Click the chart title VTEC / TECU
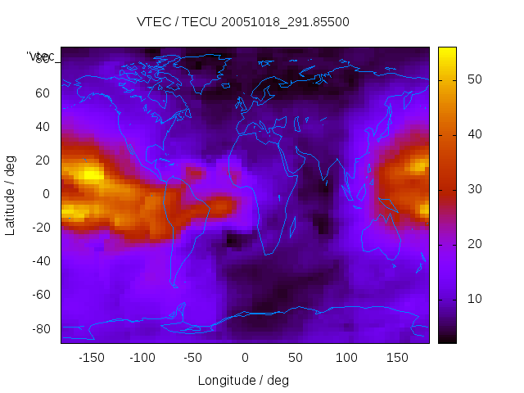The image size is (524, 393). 242,22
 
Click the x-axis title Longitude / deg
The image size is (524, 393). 243,380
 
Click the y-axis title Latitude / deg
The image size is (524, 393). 11,194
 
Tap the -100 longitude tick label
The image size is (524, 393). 142,358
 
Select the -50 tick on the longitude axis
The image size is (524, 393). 193,358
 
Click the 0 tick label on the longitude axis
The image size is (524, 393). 245,358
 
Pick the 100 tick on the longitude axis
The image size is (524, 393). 346,358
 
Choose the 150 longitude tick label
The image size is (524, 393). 397,358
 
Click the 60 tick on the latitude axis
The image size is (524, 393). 42,93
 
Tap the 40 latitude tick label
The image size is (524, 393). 42,127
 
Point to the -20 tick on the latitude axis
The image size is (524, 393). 39,228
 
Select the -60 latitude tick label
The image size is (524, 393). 39,295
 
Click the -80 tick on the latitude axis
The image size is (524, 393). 39,328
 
